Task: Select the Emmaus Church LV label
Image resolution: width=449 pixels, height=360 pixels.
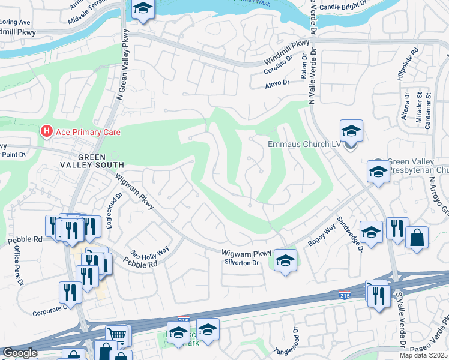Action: pos(300,145)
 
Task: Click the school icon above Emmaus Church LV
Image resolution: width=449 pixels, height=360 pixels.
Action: pos(351,131)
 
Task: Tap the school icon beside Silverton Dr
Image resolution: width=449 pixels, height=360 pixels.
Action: pos(286,260)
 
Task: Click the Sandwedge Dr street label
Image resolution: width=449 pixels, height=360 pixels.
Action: pos(351,233)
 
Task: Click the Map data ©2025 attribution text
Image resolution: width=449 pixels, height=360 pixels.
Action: pos(423,355)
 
